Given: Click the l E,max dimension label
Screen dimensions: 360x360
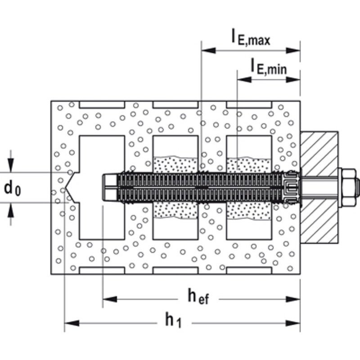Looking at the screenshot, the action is (251, 38).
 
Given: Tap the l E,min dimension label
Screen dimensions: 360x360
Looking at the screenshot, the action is (269, 67).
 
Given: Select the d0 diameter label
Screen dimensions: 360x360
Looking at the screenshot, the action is (13, 189).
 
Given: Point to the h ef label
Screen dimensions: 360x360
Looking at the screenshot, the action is (198, 297).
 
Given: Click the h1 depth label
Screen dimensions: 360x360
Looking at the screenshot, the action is (173, 320).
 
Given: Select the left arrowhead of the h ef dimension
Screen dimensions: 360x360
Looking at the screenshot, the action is (110, 299).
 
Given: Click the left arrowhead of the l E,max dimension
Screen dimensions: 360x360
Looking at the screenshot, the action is (208, 50).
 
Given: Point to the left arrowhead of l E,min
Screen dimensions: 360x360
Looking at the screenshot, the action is (244, 80).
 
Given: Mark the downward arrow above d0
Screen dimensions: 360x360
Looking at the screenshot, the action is (10, 165).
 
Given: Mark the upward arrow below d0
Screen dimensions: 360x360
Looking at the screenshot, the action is (10, 210).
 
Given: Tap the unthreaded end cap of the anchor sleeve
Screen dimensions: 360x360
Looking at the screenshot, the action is (110, 188).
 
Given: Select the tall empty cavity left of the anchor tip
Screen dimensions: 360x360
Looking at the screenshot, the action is (102, 154).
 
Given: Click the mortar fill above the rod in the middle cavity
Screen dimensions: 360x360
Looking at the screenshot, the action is (175, 165).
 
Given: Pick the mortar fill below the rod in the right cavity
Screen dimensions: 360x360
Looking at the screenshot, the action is (249, 211).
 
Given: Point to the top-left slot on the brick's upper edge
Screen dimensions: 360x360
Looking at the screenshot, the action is (102, 104).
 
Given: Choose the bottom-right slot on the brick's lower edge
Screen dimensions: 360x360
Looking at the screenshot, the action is (249, 270).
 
